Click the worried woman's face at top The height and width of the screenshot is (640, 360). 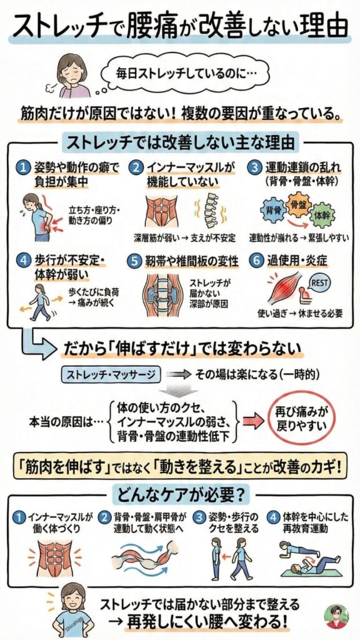pyautogui.click(x=72, y=66)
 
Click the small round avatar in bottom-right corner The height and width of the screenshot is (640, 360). pyautogui.click(x=336, y=616)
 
